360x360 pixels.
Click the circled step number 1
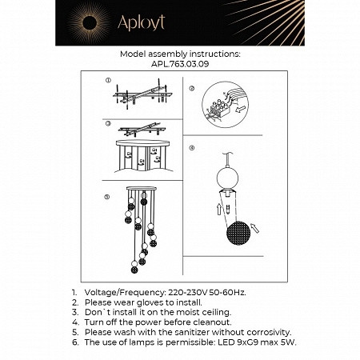pyautogui.click(x=106, y=82)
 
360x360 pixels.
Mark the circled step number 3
pyautogui.click(x=106, y=125)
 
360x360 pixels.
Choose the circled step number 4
pyautogui.click(x=192, y=149)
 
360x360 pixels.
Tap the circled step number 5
pyautogui.click(x=106, y=196)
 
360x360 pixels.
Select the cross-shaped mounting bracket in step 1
pyautogui.click(x=142, y=95)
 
